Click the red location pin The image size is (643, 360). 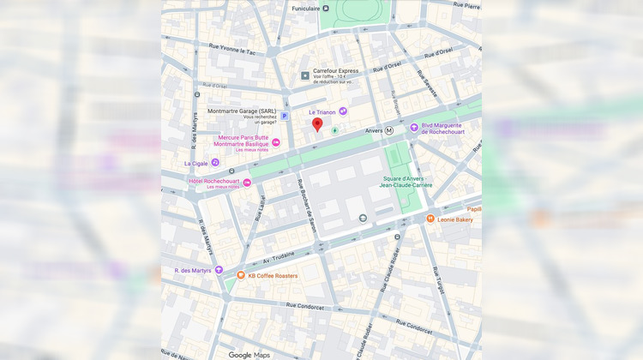point(317,126)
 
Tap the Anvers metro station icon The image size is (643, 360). point(389,130)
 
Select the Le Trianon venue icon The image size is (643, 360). point(343,111)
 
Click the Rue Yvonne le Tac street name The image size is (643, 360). point(225,51)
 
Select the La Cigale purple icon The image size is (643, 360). point(215,162)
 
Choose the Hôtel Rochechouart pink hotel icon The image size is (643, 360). point(248,183)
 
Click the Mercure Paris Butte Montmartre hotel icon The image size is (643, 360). point(276,142)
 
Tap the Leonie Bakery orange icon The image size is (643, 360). point(430,219)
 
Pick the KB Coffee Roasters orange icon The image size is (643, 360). point(241,275)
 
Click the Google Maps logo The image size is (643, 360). point(249,355)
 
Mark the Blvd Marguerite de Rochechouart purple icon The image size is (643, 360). point(413,128)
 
